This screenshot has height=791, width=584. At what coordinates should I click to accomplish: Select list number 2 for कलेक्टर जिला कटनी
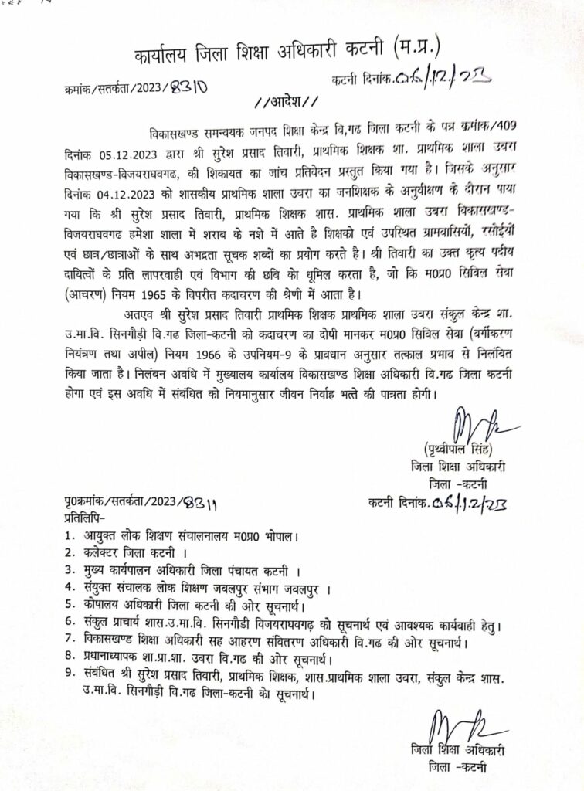(x=70, y=553)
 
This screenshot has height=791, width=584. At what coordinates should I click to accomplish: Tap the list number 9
(x=70, y=677)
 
